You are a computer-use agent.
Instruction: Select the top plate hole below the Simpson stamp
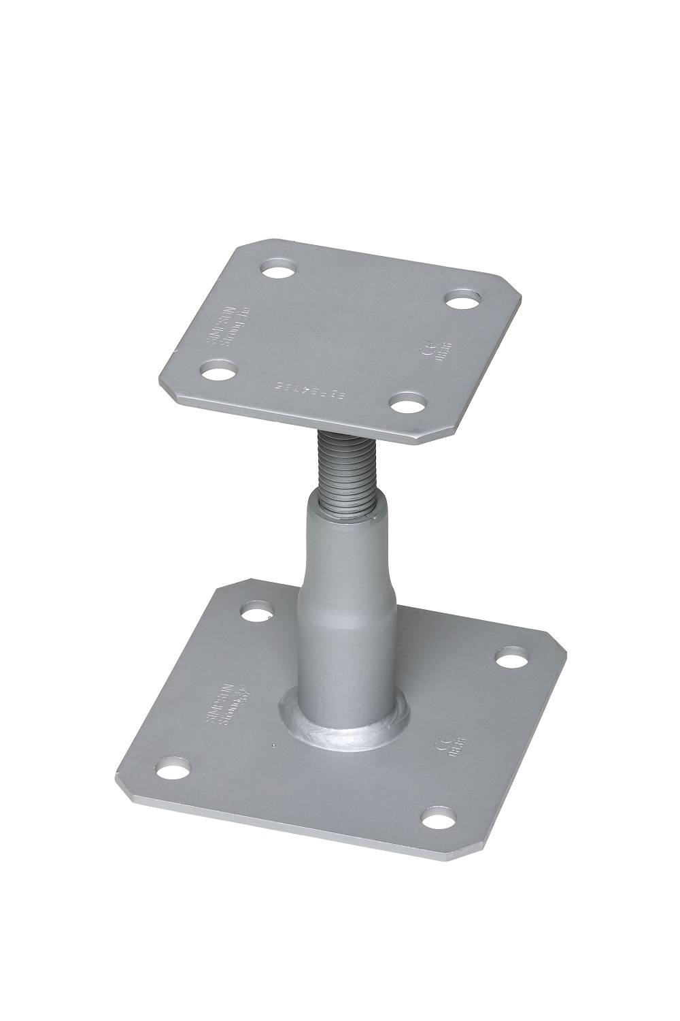click(218, 372)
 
